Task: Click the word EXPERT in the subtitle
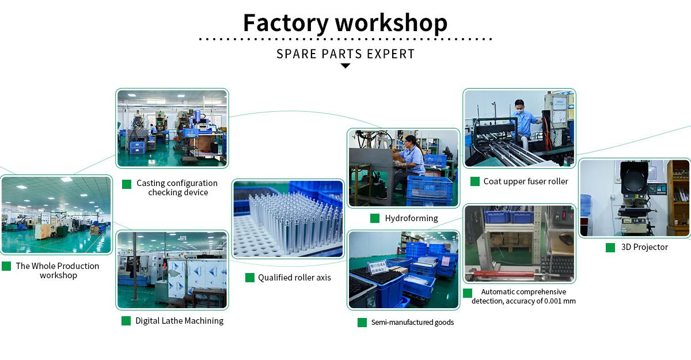(x=390, y=54)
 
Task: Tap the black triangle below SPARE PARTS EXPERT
(x=345, y=66)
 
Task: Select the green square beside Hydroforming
(x=375, y=218)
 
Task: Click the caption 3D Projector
(x=644, y=247)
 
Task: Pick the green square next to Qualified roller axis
(x=250, y=278)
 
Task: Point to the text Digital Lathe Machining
(x=180, y=321)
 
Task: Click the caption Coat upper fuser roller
(x=526, y=181)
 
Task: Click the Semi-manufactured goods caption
(x=412, y=323)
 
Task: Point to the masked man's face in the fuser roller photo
(x=520, y=107)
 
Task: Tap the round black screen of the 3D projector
(x=633, y=177)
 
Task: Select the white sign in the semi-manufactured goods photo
(x=378, y=267)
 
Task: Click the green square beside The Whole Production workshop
(x=6, y=266)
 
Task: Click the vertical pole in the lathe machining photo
(x=135, y=266)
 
